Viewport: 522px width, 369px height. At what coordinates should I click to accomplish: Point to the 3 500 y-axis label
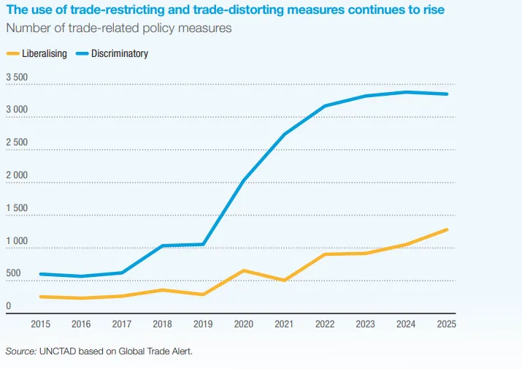(x=17, y=77)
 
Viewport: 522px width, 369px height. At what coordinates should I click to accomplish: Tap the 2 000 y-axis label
(x=17, y=175)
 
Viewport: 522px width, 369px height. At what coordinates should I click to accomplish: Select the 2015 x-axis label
(x=41, y=324)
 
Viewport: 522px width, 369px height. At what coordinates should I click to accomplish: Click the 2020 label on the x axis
(x=244, y=324)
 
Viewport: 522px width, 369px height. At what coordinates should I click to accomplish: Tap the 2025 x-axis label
(x=446, y=324)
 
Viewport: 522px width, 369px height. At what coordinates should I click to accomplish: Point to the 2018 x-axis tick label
(x=162, y=324)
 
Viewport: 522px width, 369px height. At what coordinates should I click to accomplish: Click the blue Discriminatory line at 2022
(x=325, y=106)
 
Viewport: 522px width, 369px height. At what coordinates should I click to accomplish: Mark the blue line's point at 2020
(x=244, y=180)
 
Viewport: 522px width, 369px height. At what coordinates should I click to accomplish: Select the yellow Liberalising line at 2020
(x=244, y=270)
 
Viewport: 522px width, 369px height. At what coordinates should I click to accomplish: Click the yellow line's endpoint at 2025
(x=446, y=229)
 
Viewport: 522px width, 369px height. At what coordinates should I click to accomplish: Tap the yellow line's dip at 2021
(x=284, y=280)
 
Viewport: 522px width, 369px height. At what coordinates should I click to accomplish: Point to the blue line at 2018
(x=162, y=246)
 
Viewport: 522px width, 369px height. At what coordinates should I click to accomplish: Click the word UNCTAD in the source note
(x=59, y=351)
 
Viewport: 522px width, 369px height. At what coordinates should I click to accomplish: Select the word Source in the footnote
(x=20, y=351)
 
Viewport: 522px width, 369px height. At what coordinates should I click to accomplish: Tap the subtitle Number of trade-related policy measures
(x=118, y=28)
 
